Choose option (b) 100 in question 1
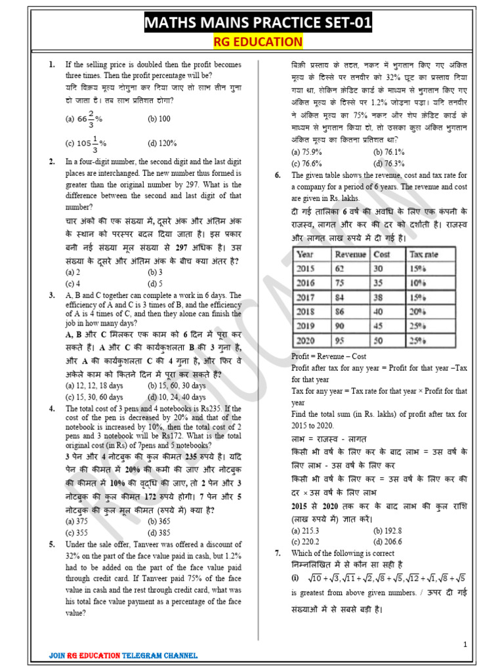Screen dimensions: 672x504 tap(159, 119)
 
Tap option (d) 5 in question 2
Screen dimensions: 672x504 tap(156, 283)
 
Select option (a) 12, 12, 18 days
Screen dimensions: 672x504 tap(94, 386)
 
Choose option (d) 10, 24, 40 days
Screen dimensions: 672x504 tap(177, 397)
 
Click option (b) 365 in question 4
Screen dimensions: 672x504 tap(159, 521)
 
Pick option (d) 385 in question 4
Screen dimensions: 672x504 tap(159, 532)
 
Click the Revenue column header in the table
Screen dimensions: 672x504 tap(350, 255)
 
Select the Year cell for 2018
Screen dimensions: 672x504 tap(306, 312)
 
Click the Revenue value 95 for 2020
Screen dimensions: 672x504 tap(339, 341)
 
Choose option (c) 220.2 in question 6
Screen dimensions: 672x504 tap(305, 541)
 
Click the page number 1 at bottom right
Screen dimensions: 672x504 tap(465, 644)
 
